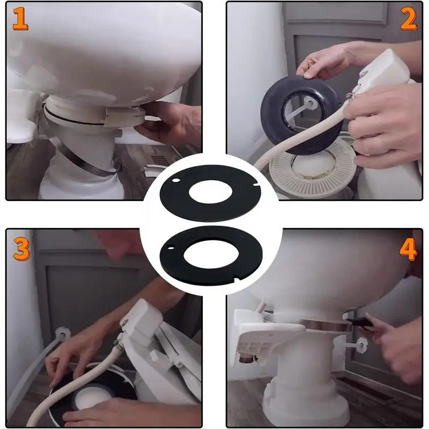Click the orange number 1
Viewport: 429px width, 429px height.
pos(20,19)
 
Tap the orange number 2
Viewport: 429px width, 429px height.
pos(409,19)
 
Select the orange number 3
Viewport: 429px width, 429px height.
pos(21,249)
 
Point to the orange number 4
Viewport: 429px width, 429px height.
pos(408,249)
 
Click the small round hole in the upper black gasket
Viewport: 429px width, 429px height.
pos(176,181)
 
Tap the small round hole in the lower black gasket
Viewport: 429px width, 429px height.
pos(171,248)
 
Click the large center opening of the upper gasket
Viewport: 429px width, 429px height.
pos(210,191)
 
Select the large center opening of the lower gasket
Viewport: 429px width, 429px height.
pos(211,254)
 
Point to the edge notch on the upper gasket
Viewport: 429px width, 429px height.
pos(256,185)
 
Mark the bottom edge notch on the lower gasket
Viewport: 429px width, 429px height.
pos(237,279)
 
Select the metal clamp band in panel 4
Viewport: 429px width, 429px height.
pos(326,325)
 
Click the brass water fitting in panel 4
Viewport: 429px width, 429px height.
pos(246,358)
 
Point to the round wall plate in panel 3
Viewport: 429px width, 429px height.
pos(62,334)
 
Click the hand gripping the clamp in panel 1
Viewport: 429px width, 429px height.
pos(169,123)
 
